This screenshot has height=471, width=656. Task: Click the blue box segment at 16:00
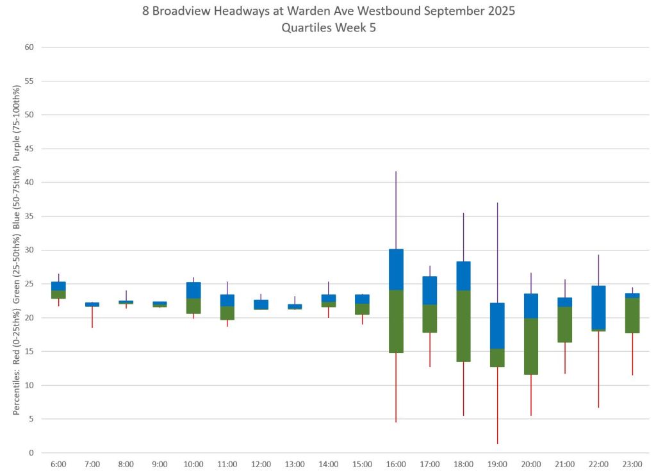tap(396, 269)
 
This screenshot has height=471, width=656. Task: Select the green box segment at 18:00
tap(463, 326)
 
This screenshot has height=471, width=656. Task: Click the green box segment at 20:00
tap(531, 346)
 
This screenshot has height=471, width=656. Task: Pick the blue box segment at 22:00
tap(598, 307)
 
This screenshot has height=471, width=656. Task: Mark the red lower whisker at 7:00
tap(92, 317)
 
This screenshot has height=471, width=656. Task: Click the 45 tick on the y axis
tap(29, 149)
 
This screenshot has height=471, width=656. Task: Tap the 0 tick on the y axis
tap(31, 453)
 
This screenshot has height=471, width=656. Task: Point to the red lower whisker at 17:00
tap(430, 350)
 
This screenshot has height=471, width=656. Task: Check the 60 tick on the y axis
tap(29, 47)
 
